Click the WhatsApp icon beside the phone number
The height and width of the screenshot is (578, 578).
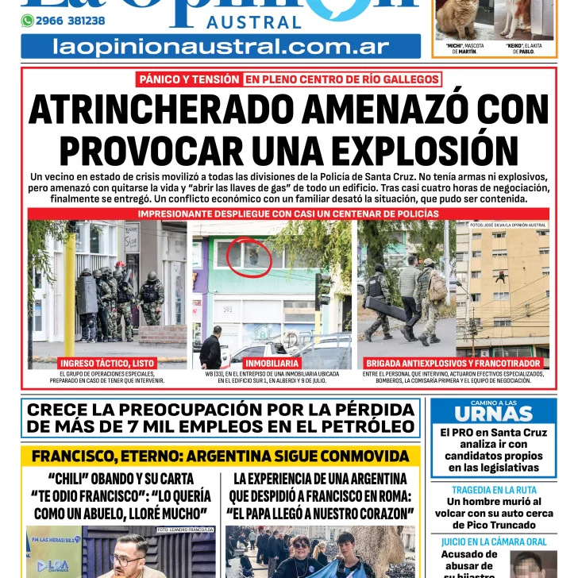click(x=27, y=21)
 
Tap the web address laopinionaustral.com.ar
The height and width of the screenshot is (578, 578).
click(x=220, y=46)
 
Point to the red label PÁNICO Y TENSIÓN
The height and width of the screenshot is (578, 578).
click(x=188, y=79)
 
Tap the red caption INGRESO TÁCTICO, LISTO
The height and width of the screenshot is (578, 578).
click(x=106, y=363)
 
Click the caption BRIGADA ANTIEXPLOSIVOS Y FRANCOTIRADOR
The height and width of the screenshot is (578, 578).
click(x=453, y=363)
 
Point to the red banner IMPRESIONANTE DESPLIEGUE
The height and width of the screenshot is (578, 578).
click(x=288, y=214)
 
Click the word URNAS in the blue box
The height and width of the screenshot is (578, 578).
click(x=493, y=414)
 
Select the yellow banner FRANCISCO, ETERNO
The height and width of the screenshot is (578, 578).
click(x=220, y=457)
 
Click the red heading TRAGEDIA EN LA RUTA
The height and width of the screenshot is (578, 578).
click(x=493, y=490)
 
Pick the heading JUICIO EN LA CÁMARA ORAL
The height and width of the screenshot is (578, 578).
click(x=493, y=541)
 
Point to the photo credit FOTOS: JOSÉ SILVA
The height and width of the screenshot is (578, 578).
click(x=508, y=225)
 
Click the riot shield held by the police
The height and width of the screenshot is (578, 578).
click(x=87, y=296)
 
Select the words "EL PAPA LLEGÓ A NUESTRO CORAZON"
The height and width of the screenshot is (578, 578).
click(x=320, y=513)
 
